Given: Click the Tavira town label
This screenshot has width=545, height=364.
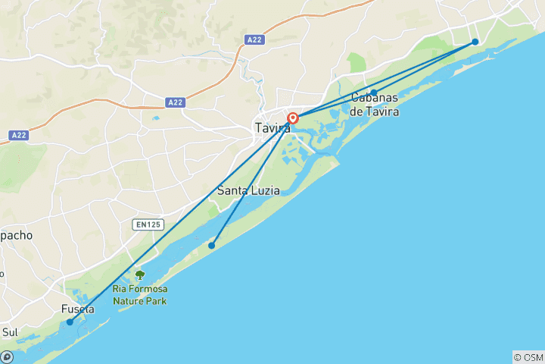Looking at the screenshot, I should point(272,128).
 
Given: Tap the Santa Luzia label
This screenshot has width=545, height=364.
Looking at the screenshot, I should point(248,190).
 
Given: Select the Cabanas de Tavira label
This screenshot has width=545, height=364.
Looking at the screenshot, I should point(376,105).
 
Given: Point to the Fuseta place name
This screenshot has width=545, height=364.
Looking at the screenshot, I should point(79,309).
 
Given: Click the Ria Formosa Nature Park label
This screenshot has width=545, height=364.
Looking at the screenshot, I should point(140,294).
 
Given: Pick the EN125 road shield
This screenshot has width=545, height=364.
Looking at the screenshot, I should point(147,224).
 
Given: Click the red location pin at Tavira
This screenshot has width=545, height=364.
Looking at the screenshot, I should point(293,118).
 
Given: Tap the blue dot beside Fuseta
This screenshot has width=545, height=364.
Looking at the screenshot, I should point(70,322).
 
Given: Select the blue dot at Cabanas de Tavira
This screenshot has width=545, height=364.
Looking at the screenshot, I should point(374,93).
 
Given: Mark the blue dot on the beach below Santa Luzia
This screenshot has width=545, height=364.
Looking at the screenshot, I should point(212,245).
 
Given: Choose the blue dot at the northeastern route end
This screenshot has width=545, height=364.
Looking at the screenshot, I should point(475,42).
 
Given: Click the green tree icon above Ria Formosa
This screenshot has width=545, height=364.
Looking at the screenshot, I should point(139,275).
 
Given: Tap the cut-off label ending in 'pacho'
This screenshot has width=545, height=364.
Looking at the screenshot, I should point(16,235).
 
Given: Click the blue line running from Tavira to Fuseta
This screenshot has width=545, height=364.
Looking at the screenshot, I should point(182,220).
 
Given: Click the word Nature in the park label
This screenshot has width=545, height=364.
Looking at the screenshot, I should point(129,300).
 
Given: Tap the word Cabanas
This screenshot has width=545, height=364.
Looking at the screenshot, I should point(376,97).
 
